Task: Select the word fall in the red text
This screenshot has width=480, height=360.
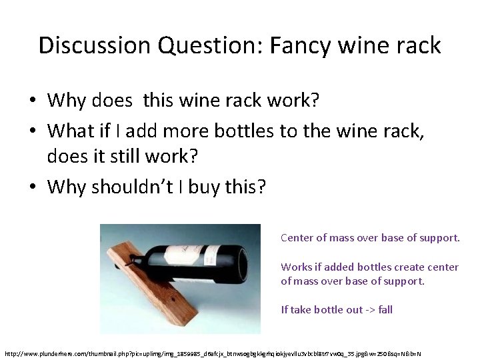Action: point(385,310)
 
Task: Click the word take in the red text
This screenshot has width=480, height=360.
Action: point(301,310)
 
